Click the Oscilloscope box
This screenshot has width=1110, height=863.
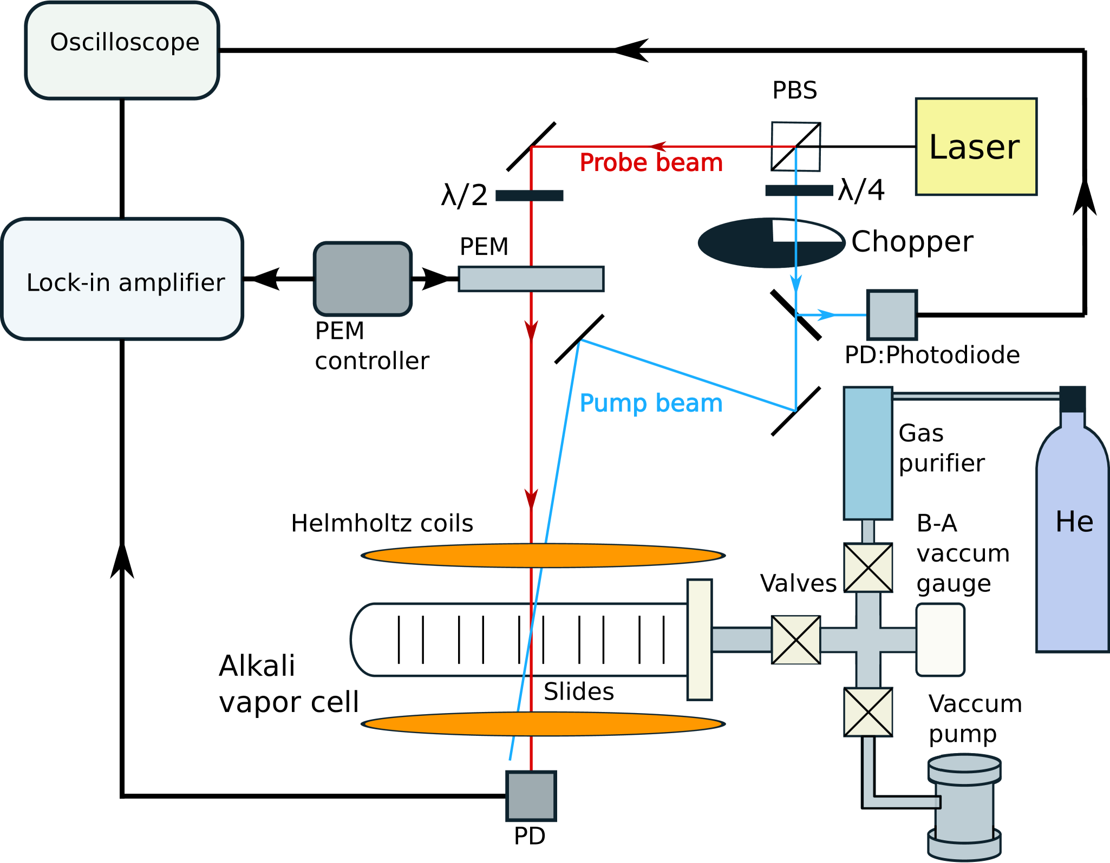122,50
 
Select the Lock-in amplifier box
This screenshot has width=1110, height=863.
123,279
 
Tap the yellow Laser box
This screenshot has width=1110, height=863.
976,147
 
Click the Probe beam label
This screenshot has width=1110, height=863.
651,163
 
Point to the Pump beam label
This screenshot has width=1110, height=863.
651,403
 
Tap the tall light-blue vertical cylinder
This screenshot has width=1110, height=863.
867,453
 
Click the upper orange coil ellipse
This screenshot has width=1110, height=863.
543,556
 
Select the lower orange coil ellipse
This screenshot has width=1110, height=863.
543,724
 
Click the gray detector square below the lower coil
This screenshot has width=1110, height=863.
531,796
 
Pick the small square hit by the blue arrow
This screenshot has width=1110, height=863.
892,315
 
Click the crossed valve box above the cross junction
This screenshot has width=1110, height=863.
868,568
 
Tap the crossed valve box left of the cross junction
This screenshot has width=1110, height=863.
795,640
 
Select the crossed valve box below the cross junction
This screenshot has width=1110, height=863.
868,712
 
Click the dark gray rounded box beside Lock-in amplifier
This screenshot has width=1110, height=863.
363,279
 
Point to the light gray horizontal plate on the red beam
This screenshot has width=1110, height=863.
531,279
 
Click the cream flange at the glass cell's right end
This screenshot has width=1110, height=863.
699,640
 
